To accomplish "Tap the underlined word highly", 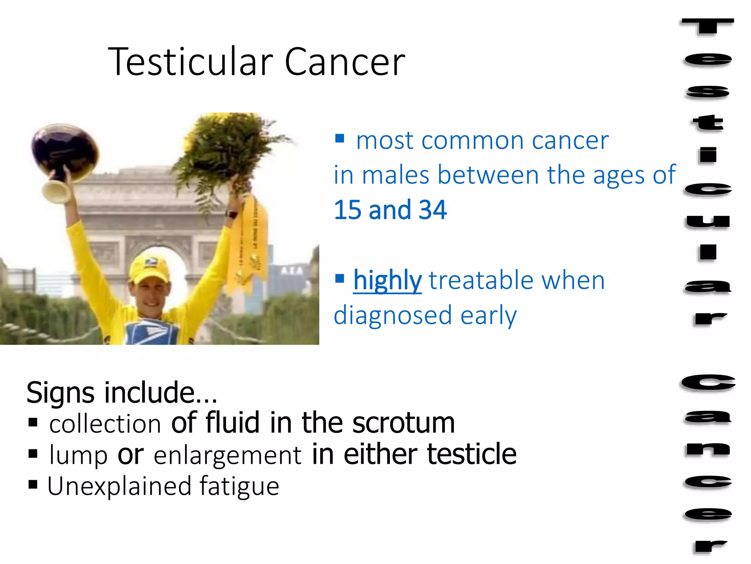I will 387,281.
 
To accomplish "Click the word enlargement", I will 227,455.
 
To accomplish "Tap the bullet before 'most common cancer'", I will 340,138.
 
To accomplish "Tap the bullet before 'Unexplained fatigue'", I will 33,485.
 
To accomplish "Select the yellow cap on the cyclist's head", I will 150,266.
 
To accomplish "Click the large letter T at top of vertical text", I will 708,28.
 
